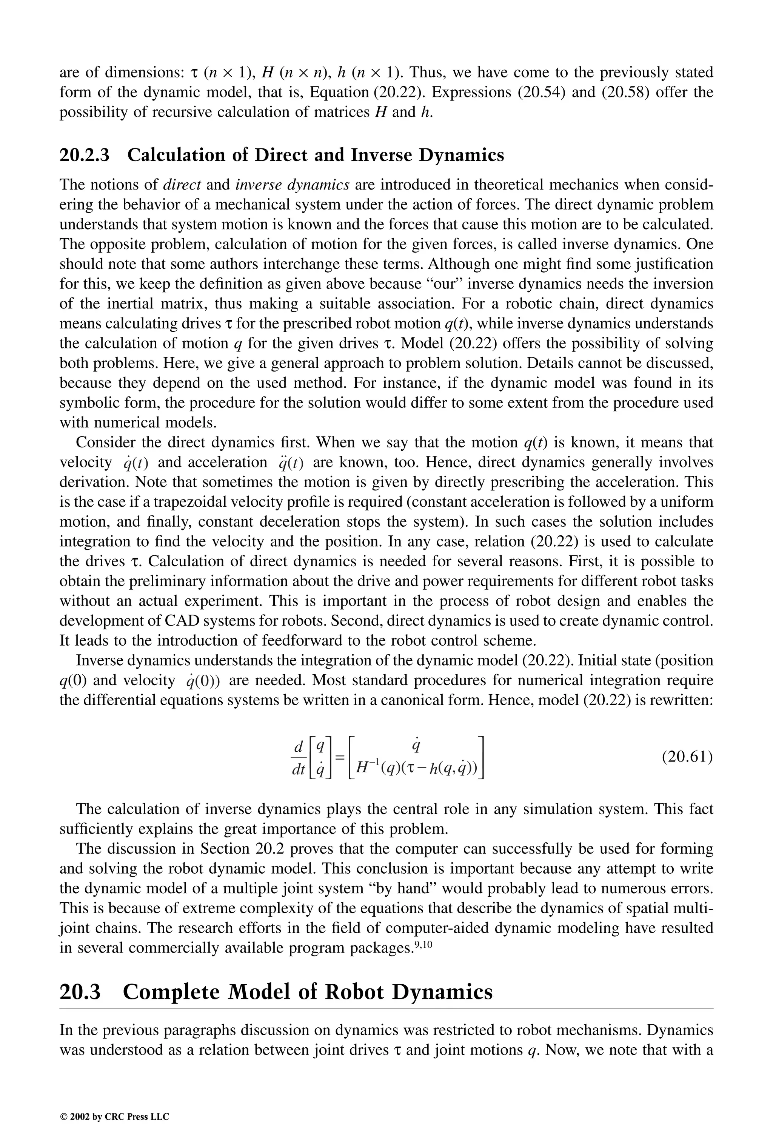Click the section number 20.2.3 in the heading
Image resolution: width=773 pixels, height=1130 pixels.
click(84, 155)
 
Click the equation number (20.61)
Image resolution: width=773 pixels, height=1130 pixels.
click(687, 757)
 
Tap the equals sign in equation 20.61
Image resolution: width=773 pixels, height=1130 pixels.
click(340, 757)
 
